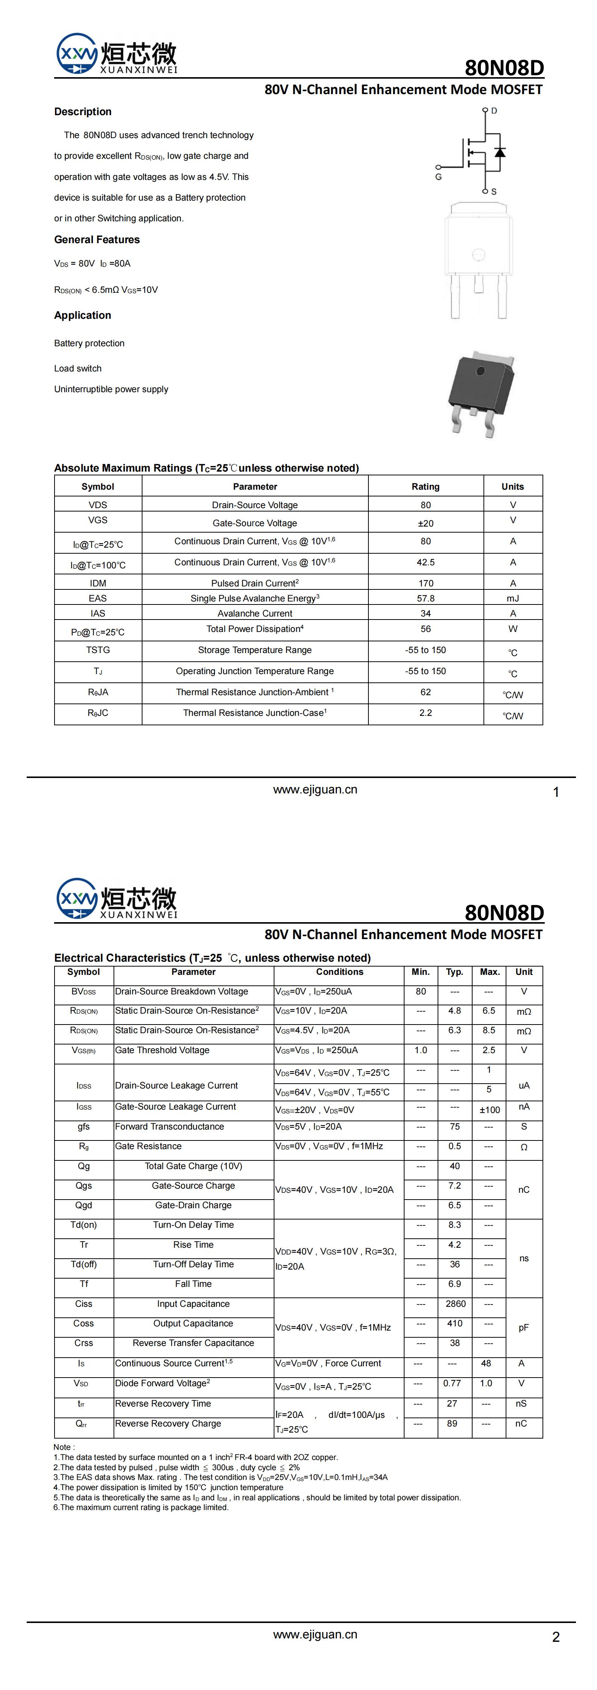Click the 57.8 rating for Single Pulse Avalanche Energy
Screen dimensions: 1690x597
point(425,598)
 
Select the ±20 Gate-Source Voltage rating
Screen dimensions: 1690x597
point(425,523)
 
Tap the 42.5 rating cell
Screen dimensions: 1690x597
point(425,562)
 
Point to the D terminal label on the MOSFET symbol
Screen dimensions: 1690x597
point(494,111)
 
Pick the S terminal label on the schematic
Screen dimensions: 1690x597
point(494,192)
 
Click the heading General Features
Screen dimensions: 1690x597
point(97,239)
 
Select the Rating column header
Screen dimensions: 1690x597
point(425,486)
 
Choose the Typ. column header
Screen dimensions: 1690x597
point(454,971)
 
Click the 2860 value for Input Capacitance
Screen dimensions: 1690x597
point(455,1303)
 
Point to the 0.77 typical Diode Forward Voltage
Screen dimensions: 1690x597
point(452,1383)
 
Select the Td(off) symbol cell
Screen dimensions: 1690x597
point(84,1264)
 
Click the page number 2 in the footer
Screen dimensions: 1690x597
point(556,1637)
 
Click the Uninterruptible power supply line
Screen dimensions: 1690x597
point(111,389)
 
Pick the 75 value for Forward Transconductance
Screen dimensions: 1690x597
point(454,1127)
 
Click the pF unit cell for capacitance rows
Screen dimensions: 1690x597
point(524,1327)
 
